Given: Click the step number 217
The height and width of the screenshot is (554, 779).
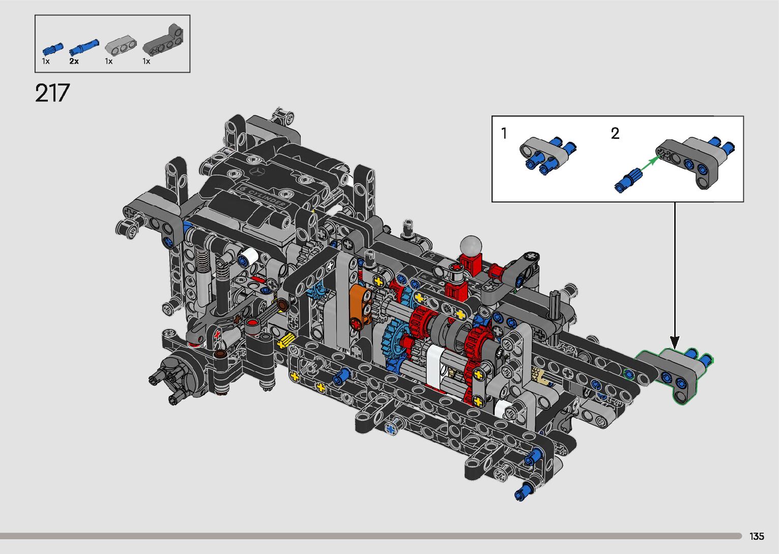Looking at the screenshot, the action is click(x=52, y=93).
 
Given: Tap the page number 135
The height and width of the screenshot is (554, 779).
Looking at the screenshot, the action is click(x=757, y=536).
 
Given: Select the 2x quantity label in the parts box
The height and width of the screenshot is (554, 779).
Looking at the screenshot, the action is click(x=74, y=61).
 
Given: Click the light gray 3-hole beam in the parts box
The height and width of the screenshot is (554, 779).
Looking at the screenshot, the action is click(x=121, y=45).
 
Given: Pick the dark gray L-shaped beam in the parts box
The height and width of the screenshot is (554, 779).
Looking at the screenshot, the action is click(x=163, y=41).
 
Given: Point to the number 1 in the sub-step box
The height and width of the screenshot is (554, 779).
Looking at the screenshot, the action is click(x=504, y=134).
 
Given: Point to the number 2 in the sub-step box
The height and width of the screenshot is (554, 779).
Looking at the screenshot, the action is click(x=615, y=134).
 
